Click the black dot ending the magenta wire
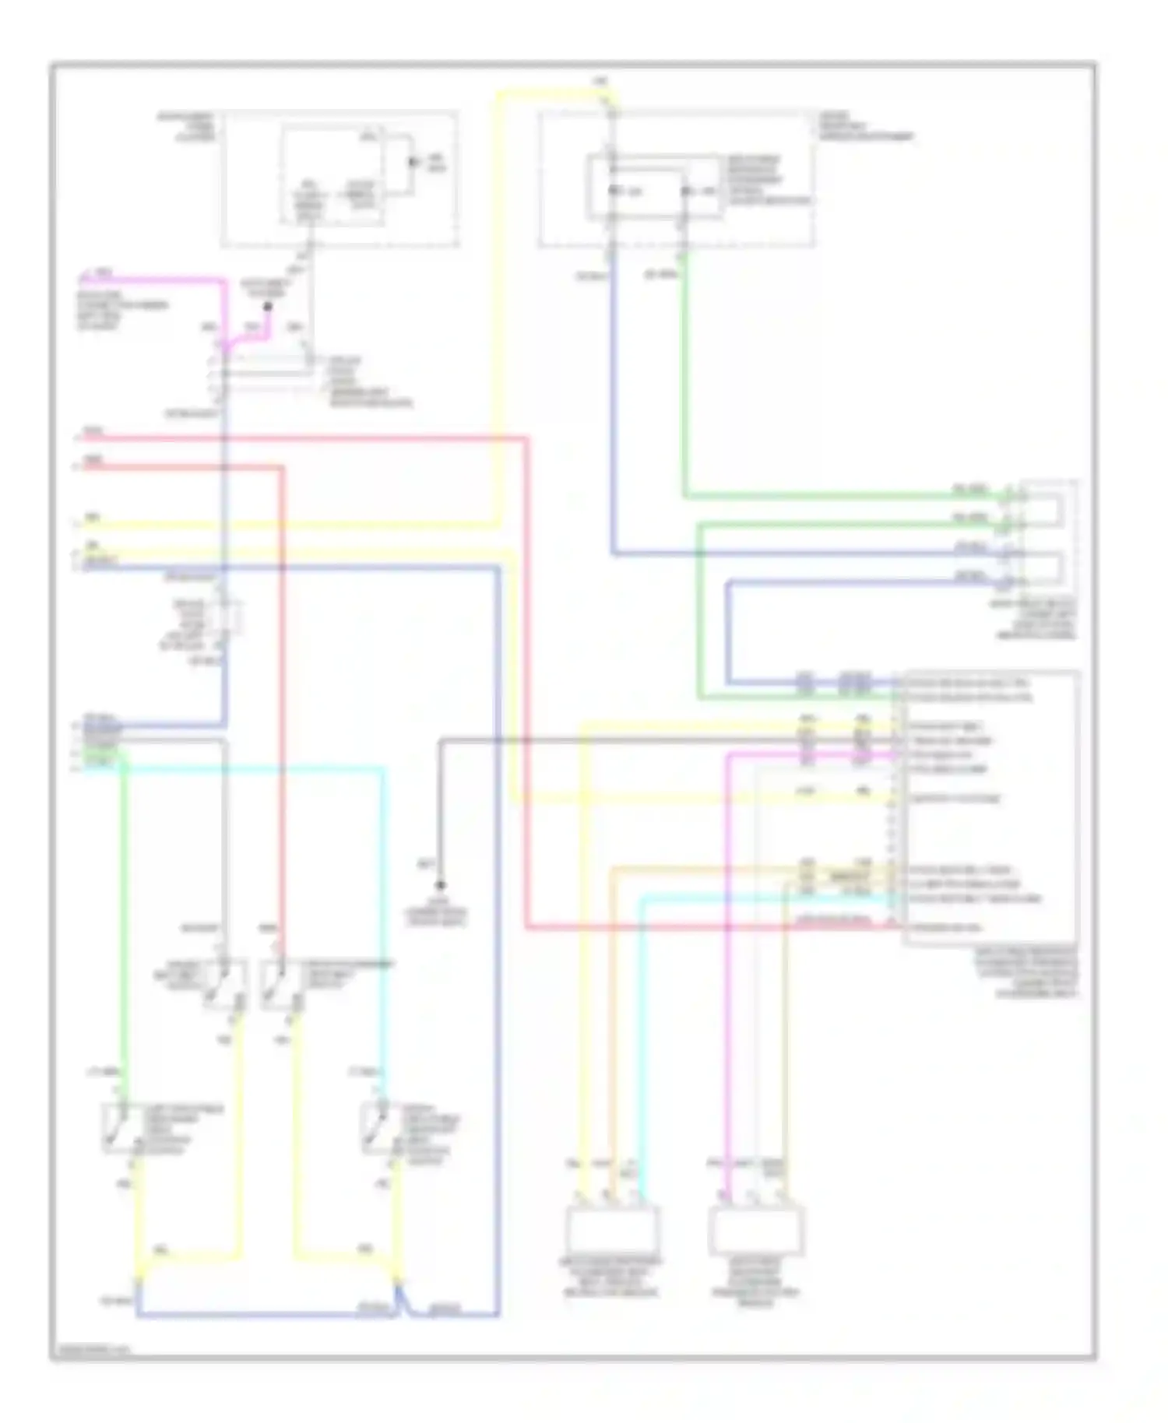[267, 307]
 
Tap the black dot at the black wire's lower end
[440, 885]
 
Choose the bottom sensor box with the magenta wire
[756, 1230]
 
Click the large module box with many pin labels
[989, 806]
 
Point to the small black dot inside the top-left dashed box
[413, 163]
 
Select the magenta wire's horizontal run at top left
[156, 279]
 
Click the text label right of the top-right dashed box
[864, 126]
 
